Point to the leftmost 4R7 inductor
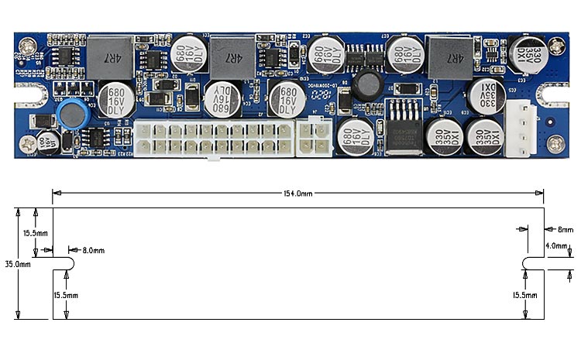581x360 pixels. click(105, 53)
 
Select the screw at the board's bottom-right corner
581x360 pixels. click(555, 142)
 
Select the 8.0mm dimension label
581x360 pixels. click(93, 251)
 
